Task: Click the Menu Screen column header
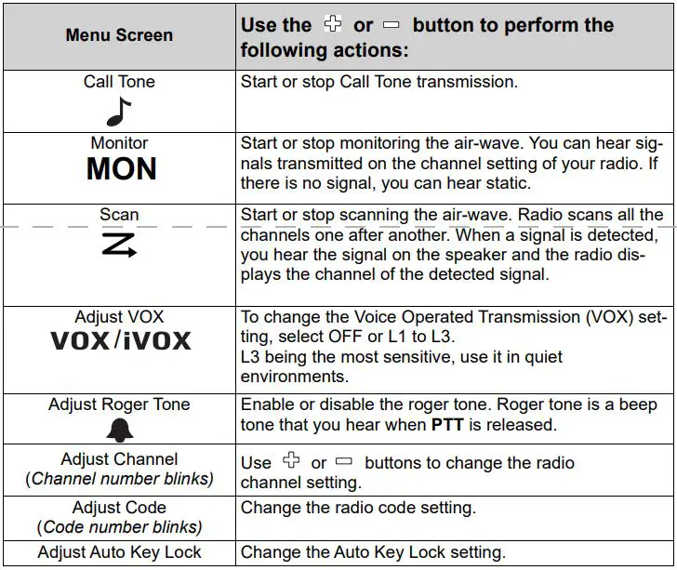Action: [119, 35]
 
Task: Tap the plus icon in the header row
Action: [332, 25]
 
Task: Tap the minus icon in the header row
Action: [392, 25]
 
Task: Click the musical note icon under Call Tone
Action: [118, 111]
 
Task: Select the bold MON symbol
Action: [121, 170]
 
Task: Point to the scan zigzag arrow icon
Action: [119, 246]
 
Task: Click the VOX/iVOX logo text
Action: [120, 340]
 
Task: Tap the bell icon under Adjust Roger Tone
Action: [119, 428]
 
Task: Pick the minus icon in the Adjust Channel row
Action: [344, 462]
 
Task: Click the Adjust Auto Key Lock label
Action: [119, 552]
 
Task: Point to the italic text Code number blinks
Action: [119, 527]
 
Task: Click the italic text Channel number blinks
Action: [119, 479]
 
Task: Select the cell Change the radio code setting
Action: [358, 508]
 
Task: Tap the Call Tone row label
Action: [119, 82]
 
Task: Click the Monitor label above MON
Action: [119, 143]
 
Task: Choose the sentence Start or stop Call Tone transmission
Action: [378, 82]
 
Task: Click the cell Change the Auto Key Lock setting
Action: [373, 552]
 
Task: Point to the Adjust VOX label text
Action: [119, 316]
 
